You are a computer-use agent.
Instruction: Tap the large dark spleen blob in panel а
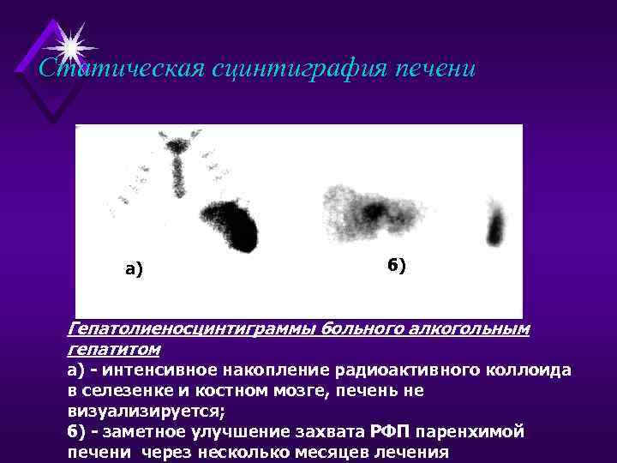tap(230, 224)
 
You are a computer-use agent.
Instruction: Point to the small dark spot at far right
tap(494, 225)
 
